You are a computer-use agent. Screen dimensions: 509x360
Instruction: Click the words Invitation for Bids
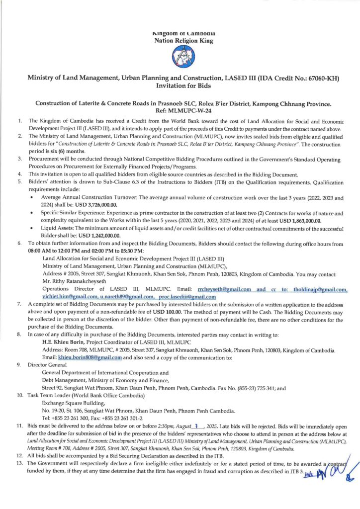click(180, 85)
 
